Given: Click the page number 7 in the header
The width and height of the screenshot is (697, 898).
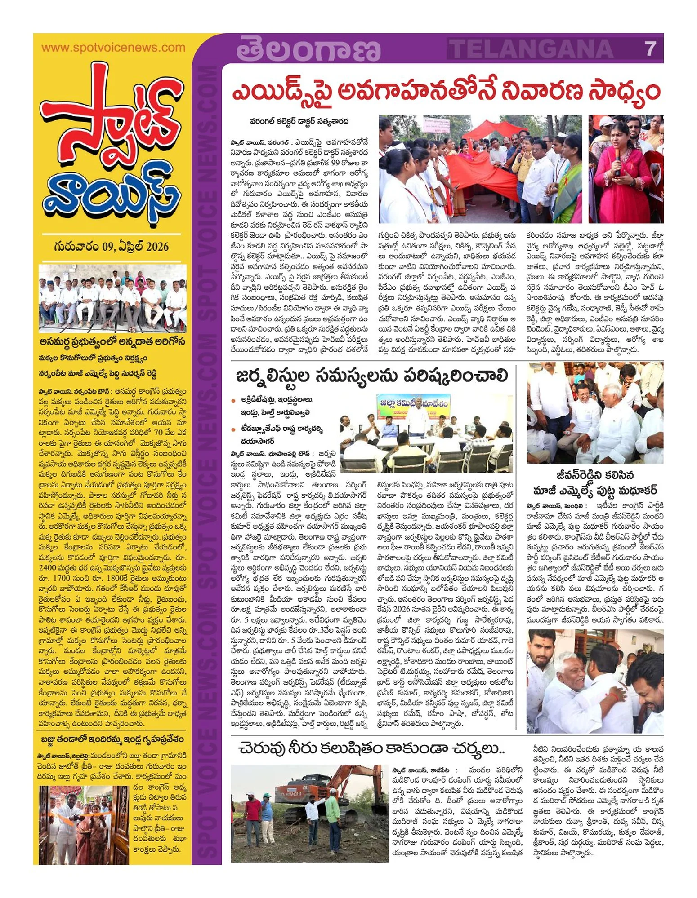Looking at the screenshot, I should pos(650,49).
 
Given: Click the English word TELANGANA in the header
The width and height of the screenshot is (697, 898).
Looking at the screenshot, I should pos(531,49).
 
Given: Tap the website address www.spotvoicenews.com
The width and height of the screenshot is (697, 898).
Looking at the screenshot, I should pos(113,48).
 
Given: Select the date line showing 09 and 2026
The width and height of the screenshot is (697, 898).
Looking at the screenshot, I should pos(111,246).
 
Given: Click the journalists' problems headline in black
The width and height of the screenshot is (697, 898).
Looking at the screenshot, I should pos(371,376).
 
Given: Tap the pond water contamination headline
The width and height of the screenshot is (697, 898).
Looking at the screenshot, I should pos(371,749).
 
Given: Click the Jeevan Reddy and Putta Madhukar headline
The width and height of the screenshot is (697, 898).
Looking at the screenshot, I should pos(594,482).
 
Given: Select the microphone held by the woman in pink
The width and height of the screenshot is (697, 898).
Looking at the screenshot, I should pos(617,161).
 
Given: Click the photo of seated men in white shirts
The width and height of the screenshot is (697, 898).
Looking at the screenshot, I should pos(112,297).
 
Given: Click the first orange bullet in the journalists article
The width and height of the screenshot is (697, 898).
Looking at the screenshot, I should pos(233,400).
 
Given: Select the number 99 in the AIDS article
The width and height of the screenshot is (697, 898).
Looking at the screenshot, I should pos(339,163).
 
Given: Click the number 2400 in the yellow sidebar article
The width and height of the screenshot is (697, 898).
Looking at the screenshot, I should pos(47,568).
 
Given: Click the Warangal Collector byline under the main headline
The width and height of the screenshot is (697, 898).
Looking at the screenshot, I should pos(299,121).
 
